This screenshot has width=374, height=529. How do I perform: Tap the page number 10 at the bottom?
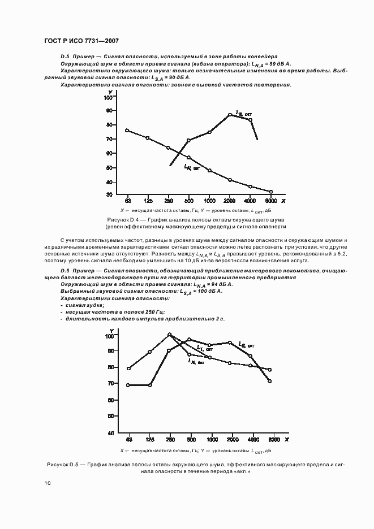(x=47, y=483)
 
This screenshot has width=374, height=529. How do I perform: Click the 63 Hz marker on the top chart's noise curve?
(x=127, y=131)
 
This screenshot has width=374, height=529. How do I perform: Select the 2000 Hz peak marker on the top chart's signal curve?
(x=230, y=115)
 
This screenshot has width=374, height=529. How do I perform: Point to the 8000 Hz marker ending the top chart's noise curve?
(x=271, y=192)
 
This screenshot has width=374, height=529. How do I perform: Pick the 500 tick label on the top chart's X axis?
(x=188, y=201)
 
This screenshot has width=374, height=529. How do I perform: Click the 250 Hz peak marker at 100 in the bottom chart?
(x=169, y=335)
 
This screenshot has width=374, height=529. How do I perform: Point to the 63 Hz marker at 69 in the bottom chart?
(x=128, y=385)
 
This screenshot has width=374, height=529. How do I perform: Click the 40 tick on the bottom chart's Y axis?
(x=111, y=433)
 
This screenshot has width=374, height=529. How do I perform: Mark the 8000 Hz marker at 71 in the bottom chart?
(x=270, y=381)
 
